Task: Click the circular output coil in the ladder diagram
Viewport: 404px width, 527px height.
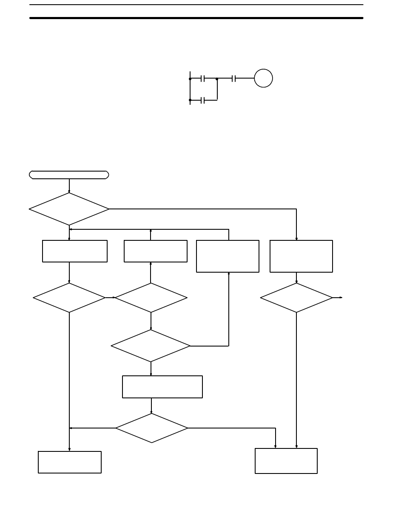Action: coord(263,79)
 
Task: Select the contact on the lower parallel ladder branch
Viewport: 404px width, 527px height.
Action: coord(203,100)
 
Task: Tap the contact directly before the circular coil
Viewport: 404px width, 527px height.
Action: coord(233,79)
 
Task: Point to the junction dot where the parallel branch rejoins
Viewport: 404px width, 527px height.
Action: coord(217,79)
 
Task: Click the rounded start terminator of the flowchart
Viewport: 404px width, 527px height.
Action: coord(69,175)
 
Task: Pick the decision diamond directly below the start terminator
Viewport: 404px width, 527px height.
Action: coord(69,209)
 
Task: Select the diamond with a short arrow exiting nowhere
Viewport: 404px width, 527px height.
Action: coord(296,298)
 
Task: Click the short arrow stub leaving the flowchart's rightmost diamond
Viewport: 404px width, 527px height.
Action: coord(338,298)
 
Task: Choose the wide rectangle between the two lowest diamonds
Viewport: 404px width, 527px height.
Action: coord(162,386)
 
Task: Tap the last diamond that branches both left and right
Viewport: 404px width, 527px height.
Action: coord(151,428)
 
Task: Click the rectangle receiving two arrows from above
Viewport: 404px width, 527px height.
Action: coord(286,461)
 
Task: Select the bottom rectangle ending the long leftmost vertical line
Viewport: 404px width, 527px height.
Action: coord(70,462)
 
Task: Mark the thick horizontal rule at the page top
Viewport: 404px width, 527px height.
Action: coord(196,18)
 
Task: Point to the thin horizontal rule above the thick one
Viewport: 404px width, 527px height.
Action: coord(196,5)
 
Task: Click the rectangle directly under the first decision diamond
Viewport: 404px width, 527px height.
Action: coord(74,251)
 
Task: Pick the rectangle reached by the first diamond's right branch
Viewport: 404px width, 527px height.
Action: coord(301,256)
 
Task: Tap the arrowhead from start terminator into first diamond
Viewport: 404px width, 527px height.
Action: coord(69,191)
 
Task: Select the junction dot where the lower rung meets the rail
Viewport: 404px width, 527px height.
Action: coord(190,100)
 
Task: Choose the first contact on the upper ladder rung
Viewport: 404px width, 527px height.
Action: coord(203,79)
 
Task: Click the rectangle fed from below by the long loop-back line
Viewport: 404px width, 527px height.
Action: coord(228,256)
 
